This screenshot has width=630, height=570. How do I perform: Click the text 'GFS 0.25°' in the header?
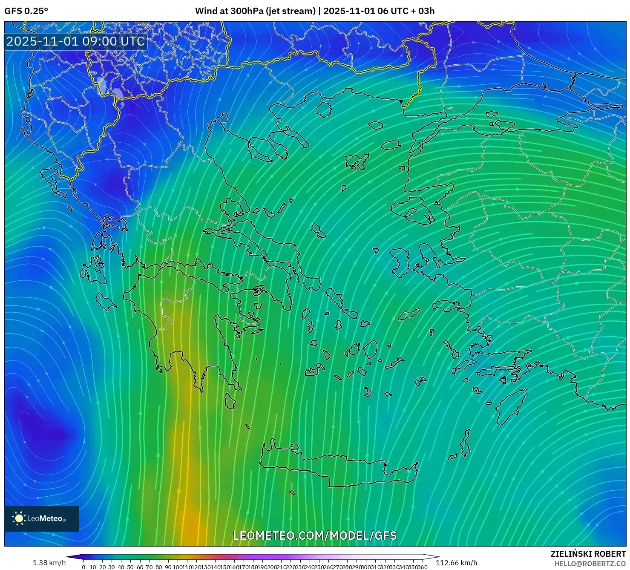click(x=26, y=11)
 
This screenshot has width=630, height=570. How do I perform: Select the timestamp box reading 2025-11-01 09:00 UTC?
click(x=75, y=41)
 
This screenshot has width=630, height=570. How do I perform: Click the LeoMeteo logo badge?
click(x=41, y=518)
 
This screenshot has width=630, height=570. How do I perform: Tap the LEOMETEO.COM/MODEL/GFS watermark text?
click(x=315, y=535)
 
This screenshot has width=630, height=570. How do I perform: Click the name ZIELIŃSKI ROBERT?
click(x=588, y=554)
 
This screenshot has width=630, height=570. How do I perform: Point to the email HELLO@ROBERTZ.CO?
click(x=590, y=564)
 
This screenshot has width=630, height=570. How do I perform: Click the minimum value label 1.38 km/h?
click(x=49, y=563)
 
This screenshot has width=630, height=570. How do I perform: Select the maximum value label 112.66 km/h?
click(x=456, y=563)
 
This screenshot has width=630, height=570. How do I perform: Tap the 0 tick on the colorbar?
click(x=83, y=567)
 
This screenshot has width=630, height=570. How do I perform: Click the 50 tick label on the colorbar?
click(x=130, y=567)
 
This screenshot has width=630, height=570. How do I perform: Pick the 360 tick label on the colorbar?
click(x=422, y=567)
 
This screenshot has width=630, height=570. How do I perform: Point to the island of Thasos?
click(x=323, y=109)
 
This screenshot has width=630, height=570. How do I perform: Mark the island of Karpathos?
click(x=466, y=443)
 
